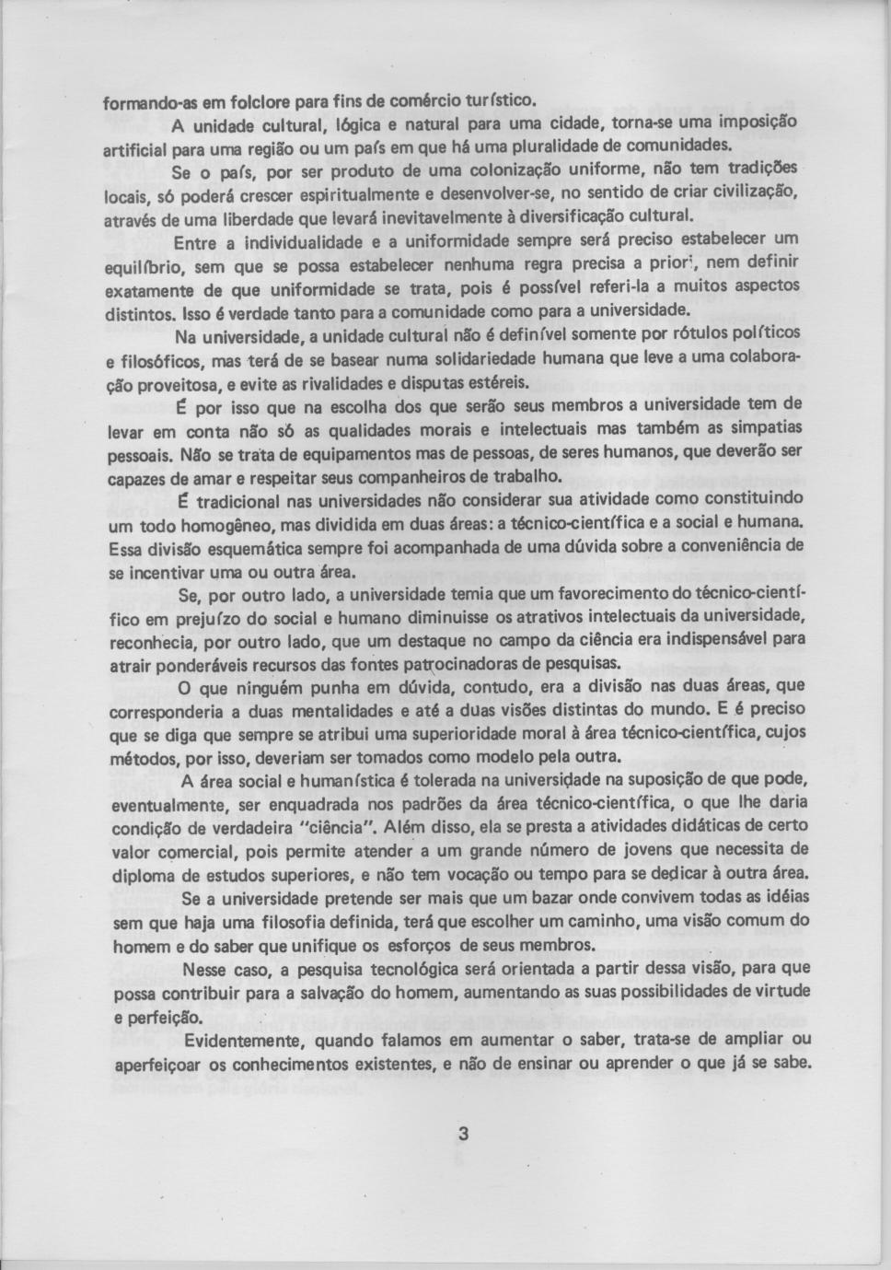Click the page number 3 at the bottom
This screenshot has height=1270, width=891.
click(x=464, y=1134)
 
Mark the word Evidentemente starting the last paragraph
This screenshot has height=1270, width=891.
click(x=243, y=1041)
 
